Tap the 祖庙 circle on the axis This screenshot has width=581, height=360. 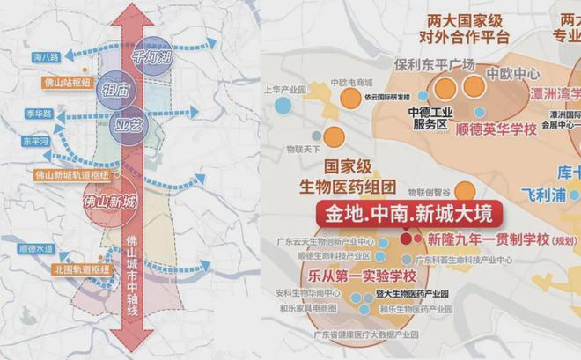[115, 90]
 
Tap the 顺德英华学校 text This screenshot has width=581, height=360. [496, 129]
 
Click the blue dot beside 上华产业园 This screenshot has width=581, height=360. [282, 105]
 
